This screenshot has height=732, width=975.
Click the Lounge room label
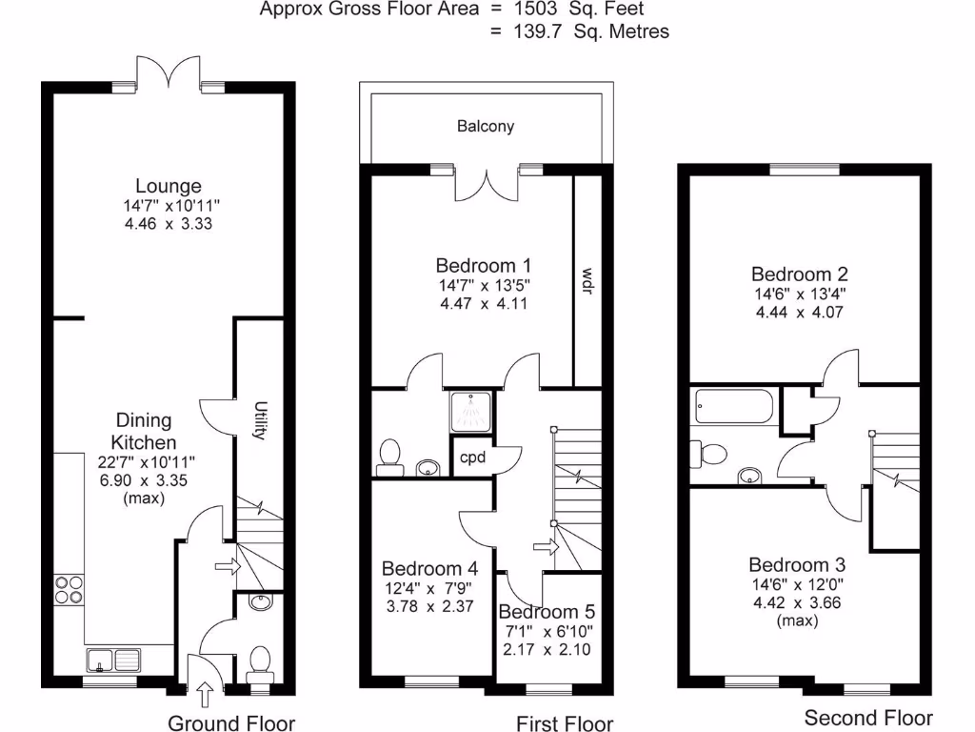168,186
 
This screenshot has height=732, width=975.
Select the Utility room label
258,420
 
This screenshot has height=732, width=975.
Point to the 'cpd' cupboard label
472,457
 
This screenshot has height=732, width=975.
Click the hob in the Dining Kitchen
69,589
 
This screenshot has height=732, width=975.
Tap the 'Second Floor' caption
868,718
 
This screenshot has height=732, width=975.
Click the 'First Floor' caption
565,723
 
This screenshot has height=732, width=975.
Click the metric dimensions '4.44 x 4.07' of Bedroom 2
800,312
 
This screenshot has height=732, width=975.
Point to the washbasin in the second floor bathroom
751,475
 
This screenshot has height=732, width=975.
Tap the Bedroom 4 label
427,565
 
